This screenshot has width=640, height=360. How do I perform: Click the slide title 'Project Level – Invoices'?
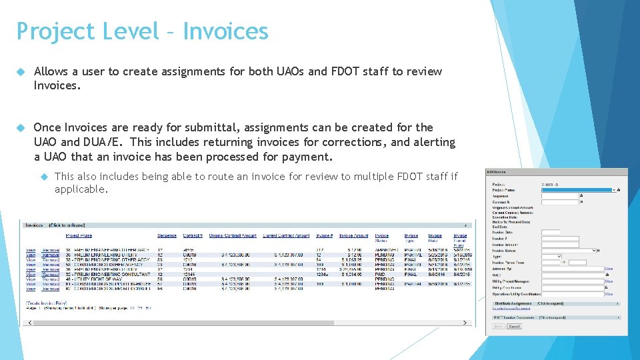pyautogui.click(x=142, y=31)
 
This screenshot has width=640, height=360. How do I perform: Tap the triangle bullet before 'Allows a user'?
pyautogui.click(x=21, y=71)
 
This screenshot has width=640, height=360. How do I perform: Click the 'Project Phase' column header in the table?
pyautogui.click(x=79, y=235)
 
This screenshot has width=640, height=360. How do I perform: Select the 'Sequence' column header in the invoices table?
pyautogui.click(x=167, y=235)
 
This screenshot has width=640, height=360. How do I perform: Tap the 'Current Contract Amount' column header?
pyautogui.click(x=285, y=235)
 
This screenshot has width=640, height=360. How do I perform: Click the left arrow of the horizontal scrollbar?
pyautogui.click(x=25, y=323)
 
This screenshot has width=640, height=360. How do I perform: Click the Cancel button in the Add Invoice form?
pyautogui.click(x=514, y=327)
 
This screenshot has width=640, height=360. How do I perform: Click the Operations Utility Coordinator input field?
pyautogui.click(x=572, y=293)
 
